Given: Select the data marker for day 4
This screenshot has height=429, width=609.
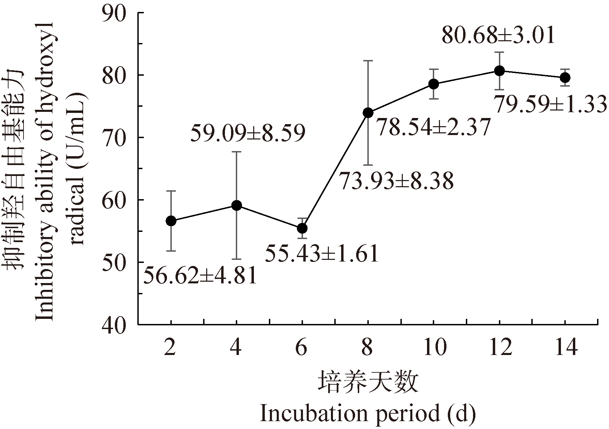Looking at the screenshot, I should click(x=237, y=205).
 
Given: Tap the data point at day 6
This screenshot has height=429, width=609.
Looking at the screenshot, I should click(x=302, y=228).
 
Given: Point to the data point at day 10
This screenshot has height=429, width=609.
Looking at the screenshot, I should click(x=433, y=84).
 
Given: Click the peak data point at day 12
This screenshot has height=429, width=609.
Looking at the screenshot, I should click(x=500, y=71).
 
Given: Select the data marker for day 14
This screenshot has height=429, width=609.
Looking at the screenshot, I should click(x=565, y=78).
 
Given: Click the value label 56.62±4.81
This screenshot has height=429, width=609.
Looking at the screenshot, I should click(x=199, y=276).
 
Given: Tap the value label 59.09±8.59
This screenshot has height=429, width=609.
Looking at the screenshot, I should click(x=247, y=134).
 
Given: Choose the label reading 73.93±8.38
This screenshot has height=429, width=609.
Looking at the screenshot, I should click(x=396, y=181).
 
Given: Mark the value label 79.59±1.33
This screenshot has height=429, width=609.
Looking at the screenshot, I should click(x=550, y=104).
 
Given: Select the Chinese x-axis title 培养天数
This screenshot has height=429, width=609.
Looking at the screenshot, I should click(x=368, y=382).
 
